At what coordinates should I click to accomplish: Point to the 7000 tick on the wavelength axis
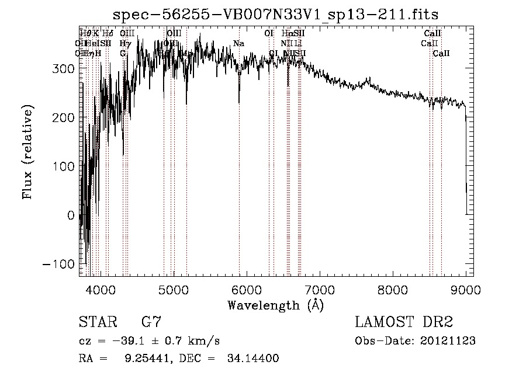coord(320,289)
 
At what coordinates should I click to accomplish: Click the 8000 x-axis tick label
coord(393,289)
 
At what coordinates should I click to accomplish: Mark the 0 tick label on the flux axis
coord(71,215)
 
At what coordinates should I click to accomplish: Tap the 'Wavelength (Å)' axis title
coord(275,305)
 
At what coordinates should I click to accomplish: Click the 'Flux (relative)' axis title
coord(28,151)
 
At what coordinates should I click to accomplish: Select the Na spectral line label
coord(238,43)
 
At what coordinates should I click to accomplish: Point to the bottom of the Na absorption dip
coord(239,103)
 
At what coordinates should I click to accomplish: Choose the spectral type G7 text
coord(151,322)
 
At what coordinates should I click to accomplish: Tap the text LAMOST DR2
coord(404,322)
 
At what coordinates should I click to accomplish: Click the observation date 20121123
coord(448,341)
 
